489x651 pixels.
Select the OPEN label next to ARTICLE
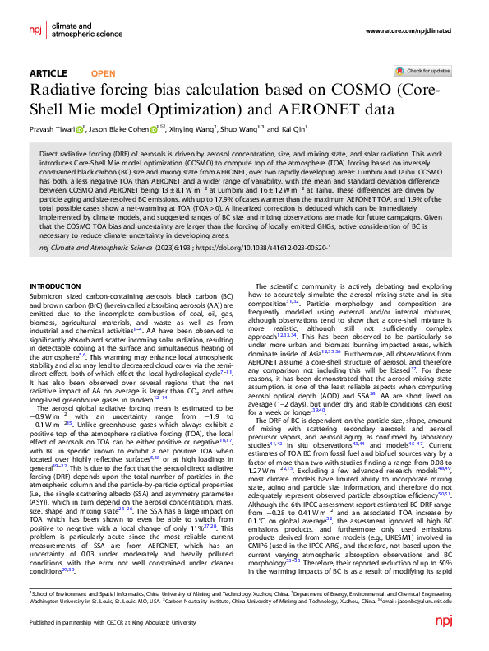tap(103, 73)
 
